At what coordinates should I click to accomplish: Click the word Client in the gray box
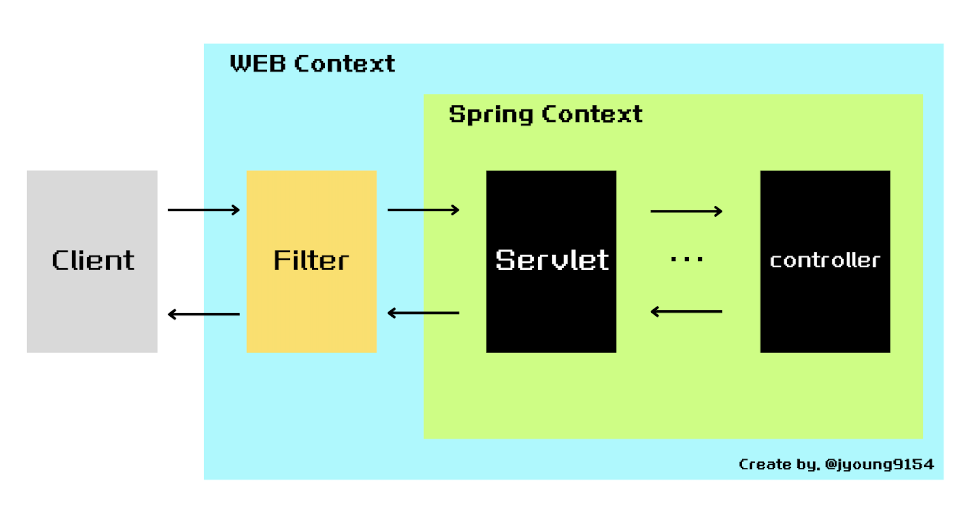point(93,260)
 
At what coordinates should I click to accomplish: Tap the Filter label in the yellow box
point(311,260)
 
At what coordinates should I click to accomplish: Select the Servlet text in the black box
point(551,260)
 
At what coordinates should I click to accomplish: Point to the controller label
point(825,260)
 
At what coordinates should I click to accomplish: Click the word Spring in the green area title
point(491,114)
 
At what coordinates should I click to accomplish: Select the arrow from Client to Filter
point(203,210)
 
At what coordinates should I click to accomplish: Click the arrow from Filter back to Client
point(203,314)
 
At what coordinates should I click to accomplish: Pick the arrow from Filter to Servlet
point(423,210)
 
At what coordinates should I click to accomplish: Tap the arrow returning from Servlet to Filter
point(423,313)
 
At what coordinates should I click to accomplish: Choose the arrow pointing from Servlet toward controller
point(686,211)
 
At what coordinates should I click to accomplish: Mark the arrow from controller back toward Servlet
point(686,312)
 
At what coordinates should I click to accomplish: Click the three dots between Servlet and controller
point(686,259)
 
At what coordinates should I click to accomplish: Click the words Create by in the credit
point(779,464)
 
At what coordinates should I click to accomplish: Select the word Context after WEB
point(345,64)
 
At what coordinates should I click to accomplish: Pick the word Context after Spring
point(592,114)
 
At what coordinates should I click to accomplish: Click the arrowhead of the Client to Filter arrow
point(236,210)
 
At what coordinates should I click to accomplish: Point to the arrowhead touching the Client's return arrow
point(171,314)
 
